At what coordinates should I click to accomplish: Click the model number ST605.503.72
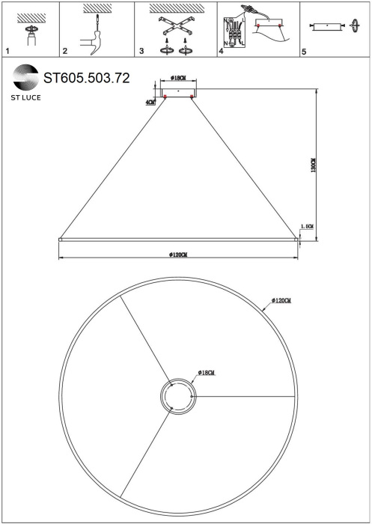pyautogui.click(x=87, y=78)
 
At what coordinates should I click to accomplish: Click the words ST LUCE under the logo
pyautogui.click(x=25, y=98)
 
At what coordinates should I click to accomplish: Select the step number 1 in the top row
pyautogui.click(x=7, y=52)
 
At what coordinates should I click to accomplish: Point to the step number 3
pyautogui.click(x=141, y=52)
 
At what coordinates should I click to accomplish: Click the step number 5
pyautogui.click(x=303, y=52)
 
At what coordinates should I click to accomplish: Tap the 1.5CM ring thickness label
pyautogui.click(x=306, y=226)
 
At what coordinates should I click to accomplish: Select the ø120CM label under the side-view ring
pyautogui.click(x=178, y=255)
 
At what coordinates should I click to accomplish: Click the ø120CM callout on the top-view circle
pyautogui.click(x=281, y=301)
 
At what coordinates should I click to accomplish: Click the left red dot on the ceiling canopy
pyautogui.click(x=165, y=97)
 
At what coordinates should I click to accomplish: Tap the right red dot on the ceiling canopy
pyautogui.click(x=192, y=97)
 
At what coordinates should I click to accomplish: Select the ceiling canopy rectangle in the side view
pyautogui.click(x=178, y=91)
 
